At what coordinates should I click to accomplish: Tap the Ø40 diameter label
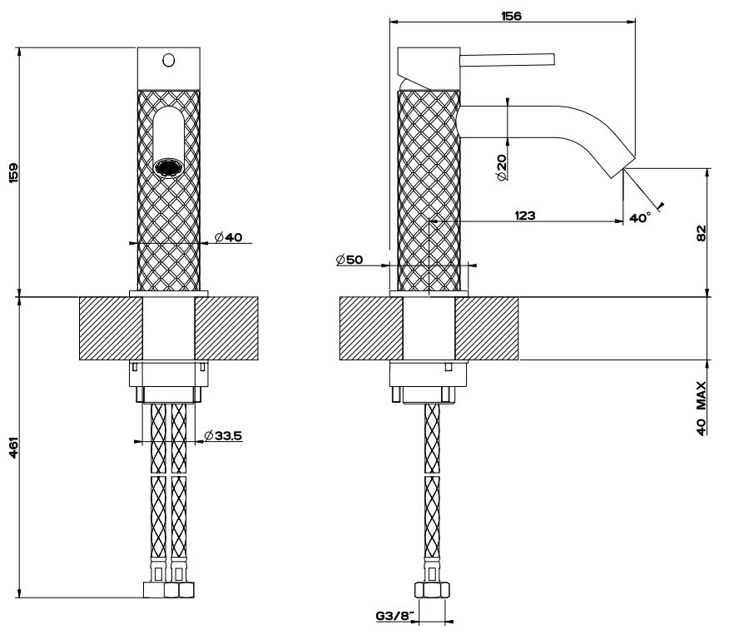(227, 238)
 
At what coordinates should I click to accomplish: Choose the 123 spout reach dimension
(525, 216)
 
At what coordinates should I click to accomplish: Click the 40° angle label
(640, 218)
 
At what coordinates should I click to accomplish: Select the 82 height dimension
(701, 234)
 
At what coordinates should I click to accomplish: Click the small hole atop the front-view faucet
(168, 59)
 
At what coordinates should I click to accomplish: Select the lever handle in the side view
(508, 58)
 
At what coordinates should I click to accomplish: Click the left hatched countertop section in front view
(111, 329)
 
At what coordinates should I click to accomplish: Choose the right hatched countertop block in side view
(486, 329)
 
